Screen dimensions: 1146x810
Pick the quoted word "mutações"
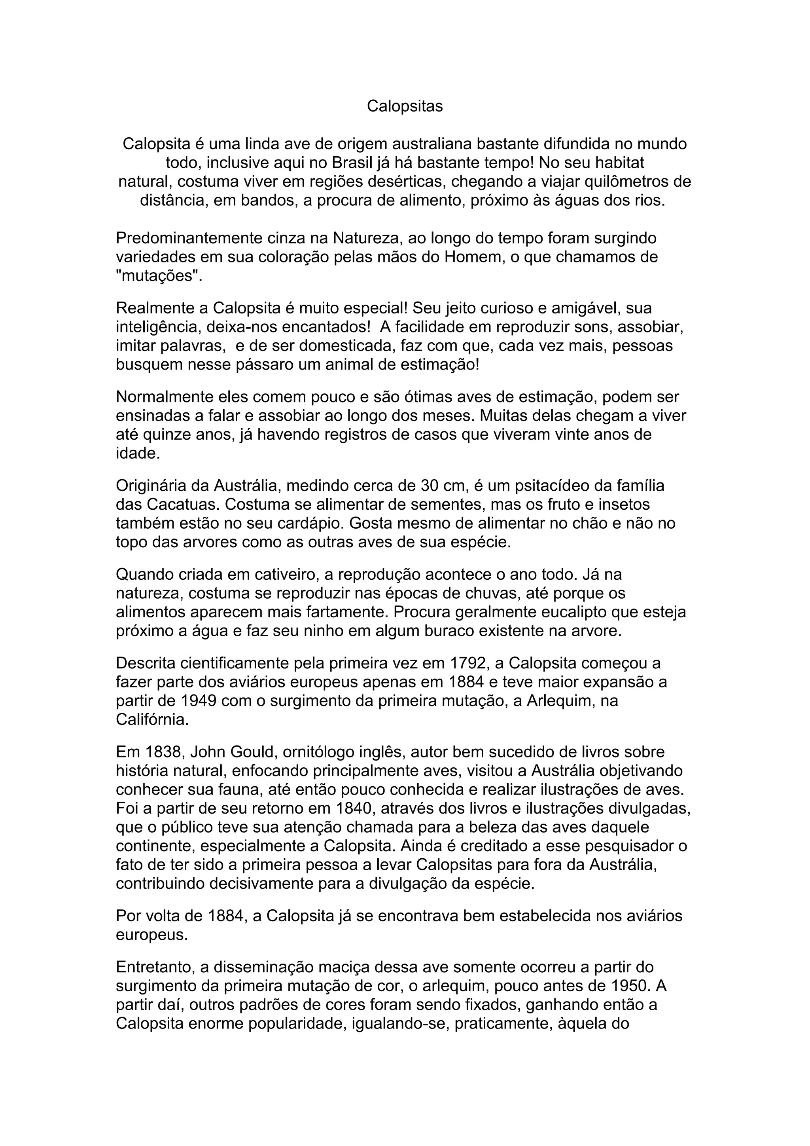click(x=159, y=276)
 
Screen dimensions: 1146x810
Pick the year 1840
click(x=354, y=808)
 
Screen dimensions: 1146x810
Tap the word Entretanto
click(x=155, y=967)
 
